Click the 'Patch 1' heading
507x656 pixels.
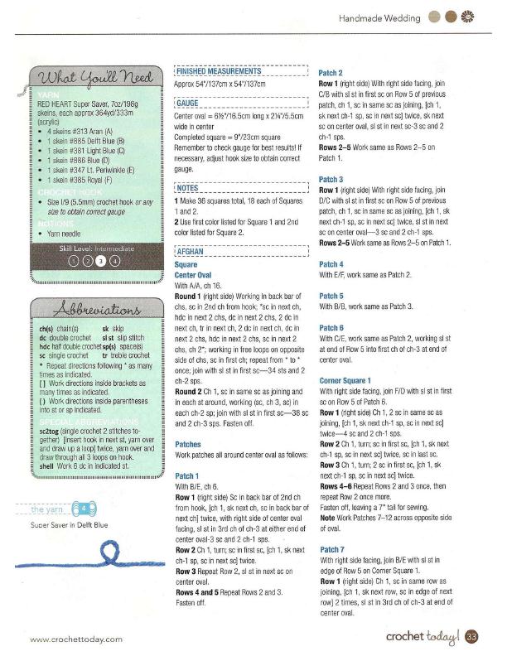(x=187, y=476)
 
